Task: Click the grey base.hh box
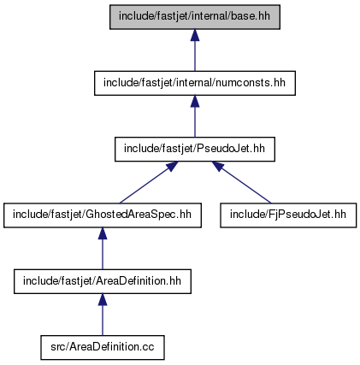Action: [195, 17]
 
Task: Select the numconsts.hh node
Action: [195, 83]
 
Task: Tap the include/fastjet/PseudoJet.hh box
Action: [195, 150]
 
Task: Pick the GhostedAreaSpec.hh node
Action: [103, 215]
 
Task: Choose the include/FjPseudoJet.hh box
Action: [288, 215]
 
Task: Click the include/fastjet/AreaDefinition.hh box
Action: [103, 281]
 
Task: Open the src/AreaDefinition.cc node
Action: [103, 348]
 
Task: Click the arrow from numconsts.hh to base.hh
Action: [195, 50]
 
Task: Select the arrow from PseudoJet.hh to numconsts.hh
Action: [195, 116]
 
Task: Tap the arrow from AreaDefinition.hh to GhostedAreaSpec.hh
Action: [103, 249]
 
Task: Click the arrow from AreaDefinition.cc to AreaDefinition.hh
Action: [103, 315]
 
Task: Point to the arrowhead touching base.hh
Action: [195, 35]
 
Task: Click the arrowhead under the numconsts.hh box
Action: [195, 101]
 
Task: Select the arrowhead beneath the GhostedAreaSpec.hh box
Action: [103, 233]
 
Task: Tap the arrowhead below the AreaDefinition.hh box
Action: [103, 299]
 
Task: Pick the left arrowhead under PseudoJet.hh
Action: [172, 166]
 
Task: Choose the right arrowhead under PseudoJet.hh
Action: [218, 166]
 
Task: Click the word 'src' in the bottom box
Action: [57, 347]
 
